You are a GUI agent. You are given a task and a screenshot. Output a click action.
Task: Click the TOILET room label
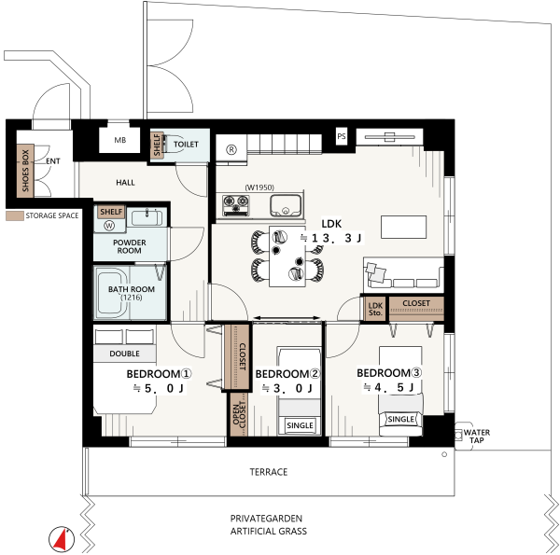186,145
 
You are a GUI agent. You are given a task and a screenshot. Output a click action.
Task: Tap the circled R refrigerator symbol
231,150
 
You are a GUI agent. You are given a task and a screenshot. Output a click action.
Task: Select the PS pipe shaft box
342,136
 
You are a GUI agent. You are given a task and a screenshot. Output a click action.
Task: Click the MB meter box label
120,140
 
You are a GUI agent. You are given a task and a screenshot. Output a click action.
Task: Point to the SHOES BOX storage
25,171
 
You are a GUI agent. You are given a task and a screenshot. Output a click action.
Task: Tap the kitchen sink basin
286,205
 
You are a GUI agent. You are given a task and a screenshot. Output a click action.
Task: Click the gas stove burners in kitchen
236,205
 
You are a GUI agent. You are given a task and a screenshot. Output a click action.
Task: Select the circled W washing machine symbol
109,226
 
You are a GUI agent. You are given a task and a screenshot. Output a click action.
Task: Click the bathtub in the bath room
113,293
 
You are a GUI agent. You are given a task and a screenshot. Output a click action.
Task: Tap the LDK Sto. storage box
375,309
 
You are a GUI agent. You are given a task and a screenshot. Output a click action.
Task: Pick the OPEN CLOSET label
239,415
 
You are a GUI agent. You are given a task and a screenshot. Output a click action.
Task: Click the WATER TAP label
476,437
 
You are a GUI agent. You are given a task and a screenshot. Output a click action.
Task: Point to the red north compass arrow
62,539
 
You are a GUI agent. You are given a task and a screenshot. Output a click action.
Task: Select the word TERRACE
269,472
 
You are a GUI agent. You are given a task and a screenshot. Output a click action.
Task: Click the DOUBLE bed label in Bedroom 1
124,354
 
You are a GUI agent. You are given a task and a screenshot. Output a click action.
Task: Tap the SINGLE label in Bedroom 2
300,425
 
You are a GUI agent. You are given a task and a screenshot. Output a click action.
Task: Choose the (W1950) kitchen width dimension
259,187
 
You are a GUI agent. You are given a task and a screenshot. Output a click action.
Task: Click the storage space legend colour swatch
15,215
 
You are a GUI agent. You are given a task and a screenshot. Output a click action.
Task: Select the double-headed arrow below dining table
287,318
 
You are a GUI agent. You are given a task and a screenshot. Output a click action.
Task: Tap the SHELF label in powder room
111,212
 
